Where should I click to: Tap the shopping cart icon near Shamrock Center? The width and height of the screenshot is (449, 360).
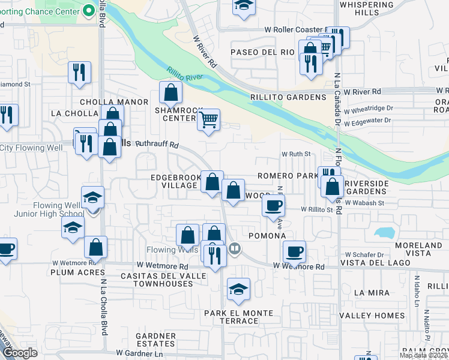[208, 119]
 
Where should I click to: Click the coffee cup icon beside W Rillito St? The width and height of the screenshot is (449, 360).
[273, 205]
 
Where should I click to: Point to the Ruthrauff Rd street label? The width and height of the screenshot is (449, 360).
[158, 145]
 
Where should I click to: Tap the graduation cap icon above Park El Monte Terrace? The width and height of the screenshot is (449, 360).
[239, 289]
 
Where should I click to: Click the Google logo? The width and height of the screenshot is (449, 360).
[20, 353]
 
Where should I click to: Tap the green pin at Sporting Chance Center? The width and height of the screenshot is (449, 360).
[89, 10]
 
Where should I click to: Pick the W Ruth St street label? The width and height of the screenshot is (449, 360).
[296, 154]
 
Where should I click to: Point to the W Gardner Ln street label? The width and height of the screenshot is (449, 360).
[140, 353]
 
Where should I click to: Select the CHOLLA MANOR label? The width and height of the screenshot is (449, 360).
[113, 102]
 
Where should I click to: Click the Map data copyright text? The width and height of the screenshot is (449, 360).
[423, 355]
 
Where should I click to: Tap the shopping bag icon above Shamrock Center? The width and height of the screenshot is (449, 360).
[170, 92]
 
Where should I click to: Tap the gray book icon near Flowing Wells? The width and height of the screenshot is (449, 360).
[235, 248]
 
